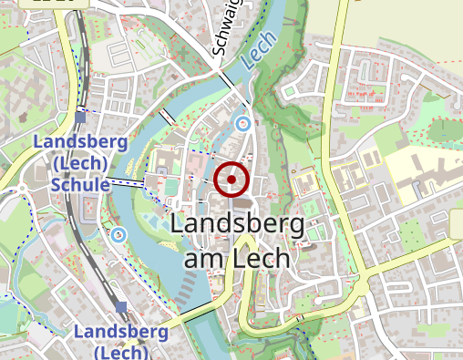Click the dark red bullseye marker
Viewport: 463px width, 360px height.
(x=231, y=180)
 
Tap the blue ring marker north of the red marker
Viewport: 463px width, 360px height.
(x=242, y=123)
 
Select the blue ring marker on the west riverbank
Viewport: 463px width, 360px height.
(x=118, y=234)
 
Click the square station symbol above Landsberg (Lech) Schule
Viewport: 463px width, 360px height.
(x=82, y=117)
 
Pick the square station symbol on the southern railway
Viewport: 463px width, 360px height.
(x=121, y=307)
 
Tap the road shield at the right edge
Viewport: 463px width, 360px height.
(x=457, y=221)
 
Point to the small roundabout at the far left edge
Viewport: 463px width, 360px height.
(x=19, y=192)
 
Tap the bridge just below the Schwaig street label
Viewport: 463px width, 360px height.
(x=225, y=80)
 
